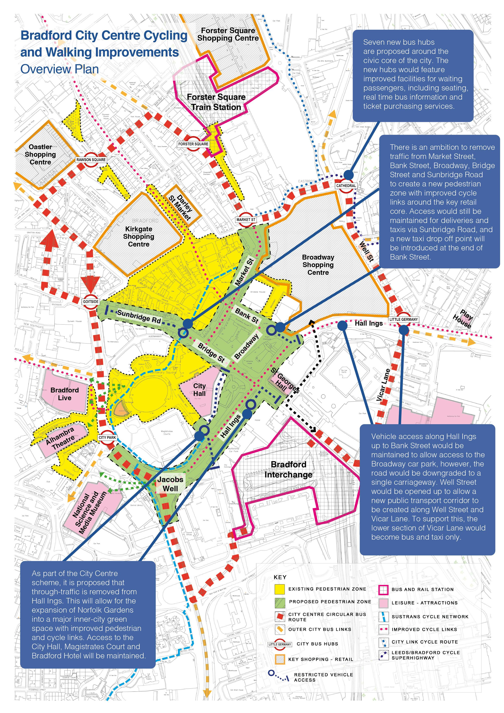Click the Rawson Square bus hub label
[91, 160]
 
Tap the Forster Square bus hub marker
[193, 144]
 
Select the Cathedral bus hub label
[346, 186]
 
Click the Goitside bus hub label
[91, 302]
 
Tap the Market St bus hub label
[246, 220]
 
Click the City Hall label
[199, 389]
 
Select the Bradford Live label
[65, 394]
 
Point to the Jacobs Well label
[170, 484]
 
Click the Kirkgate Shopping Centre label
[139, 237]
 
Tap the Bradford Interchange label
[289, 470]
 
